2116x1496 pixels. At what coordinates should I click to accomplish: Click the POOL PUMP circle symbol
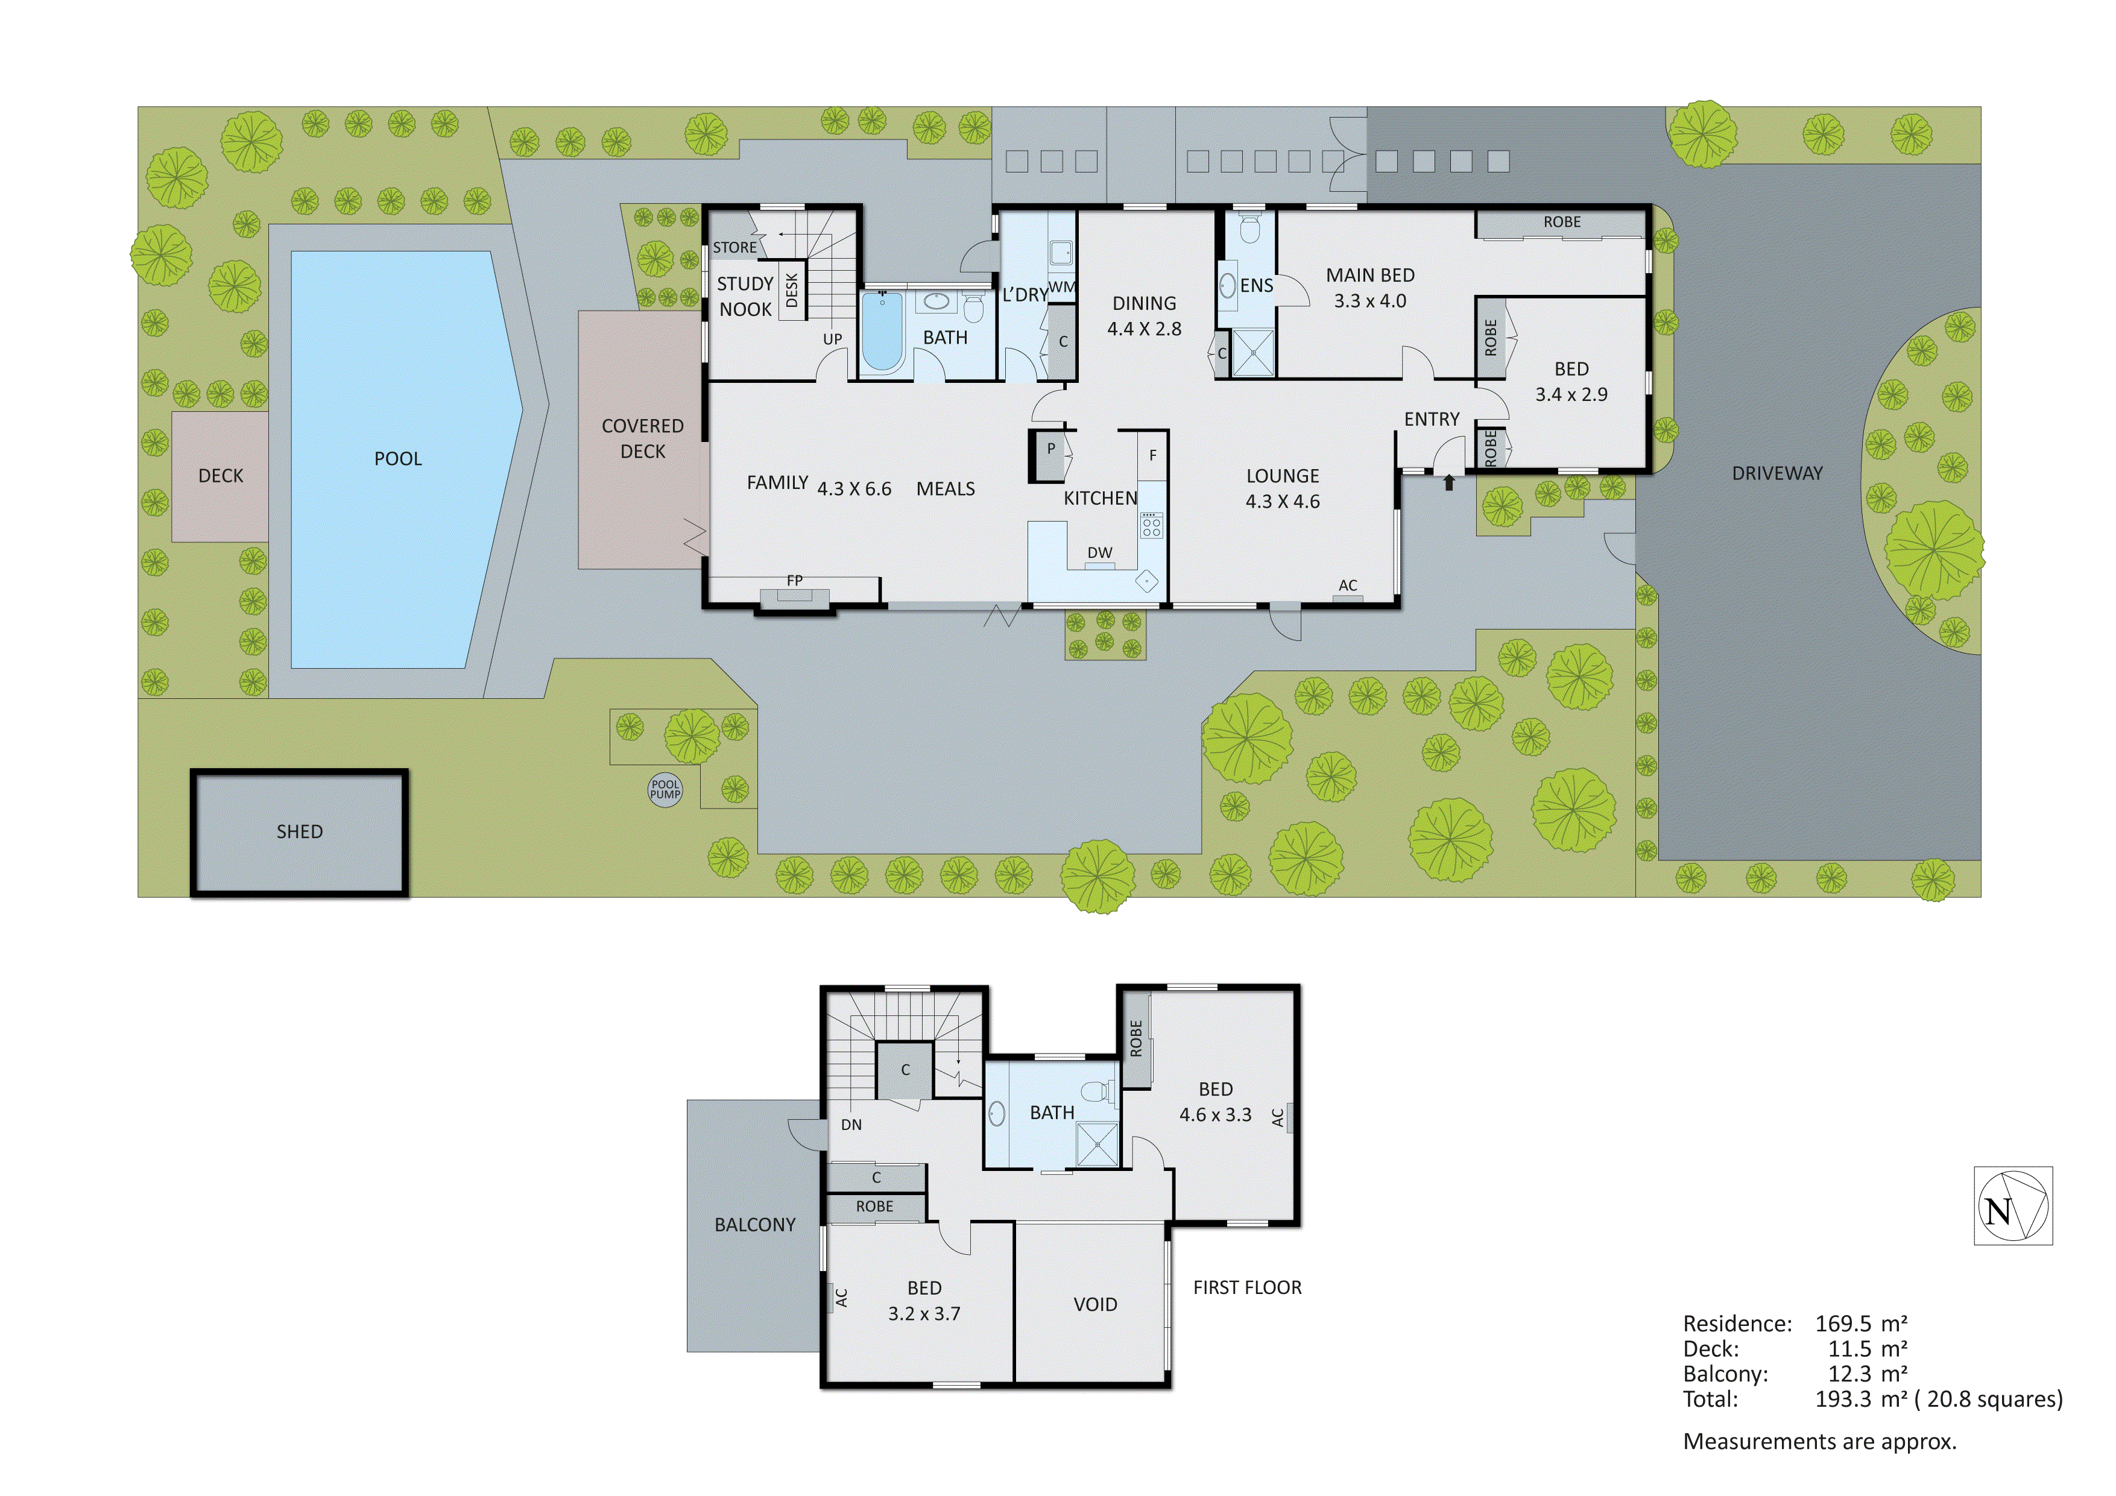click(x=665, y=790)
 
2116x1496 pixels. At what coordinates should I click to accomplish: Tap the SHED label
click(x=300, y=832)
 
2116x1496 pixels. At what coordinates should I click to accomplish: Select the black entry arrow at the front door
click(x=1449, y=481)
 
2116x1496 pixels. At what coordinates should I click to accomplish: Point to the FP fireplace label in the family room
click(x=794, y=581)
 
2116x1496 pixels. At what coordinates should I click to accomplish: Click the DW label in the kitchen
click(x=1099, y=553)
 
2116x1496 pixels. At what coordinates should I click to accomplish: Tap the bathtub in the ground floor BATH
click(x=882, y=332)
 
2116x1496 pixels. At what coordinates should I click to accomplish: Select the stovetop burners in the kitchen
click(x=1151, y=525)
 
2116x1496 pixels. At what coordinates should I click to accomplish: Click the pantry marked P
click(x=1050, y=452)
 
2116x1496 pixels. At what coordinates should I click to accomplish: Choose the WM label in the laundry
click(x=1062, y=286)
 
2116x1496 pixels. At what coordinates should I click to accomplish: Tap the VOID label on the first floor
click(x=1095, y=1304)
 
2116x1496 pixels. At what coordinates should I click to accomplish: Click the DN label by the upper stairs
click(x=851, y=1125)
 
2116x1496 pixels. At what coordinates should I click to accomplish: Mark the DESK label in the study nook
click(x=792, y=291)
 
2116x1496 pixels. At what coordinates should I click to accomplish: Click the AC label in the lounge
click(x=1347, y=585)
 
